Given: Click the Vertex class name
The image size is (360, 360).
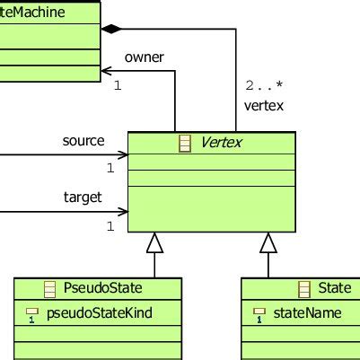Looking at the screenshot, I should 222,143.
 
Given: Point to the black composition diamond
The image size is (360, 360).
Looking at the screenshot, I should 110,30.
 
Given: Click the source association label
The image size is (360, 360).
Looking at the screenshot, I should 83,141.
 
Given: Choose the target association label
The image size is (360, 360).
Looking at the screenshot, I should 83,197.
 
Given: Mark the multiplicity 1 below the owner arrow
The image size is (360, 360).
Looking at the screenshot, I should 118,86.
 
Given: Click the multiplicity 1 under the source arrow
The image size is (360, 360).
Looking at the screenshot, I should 110,168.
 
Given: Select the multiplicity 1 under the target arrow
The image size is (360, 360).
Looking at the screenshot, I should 110,226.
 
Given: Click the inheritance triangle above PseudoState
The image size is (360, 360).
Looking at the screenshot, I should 155,241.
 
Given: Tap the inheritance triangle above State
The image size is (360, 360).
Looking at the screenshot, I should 268,241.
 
